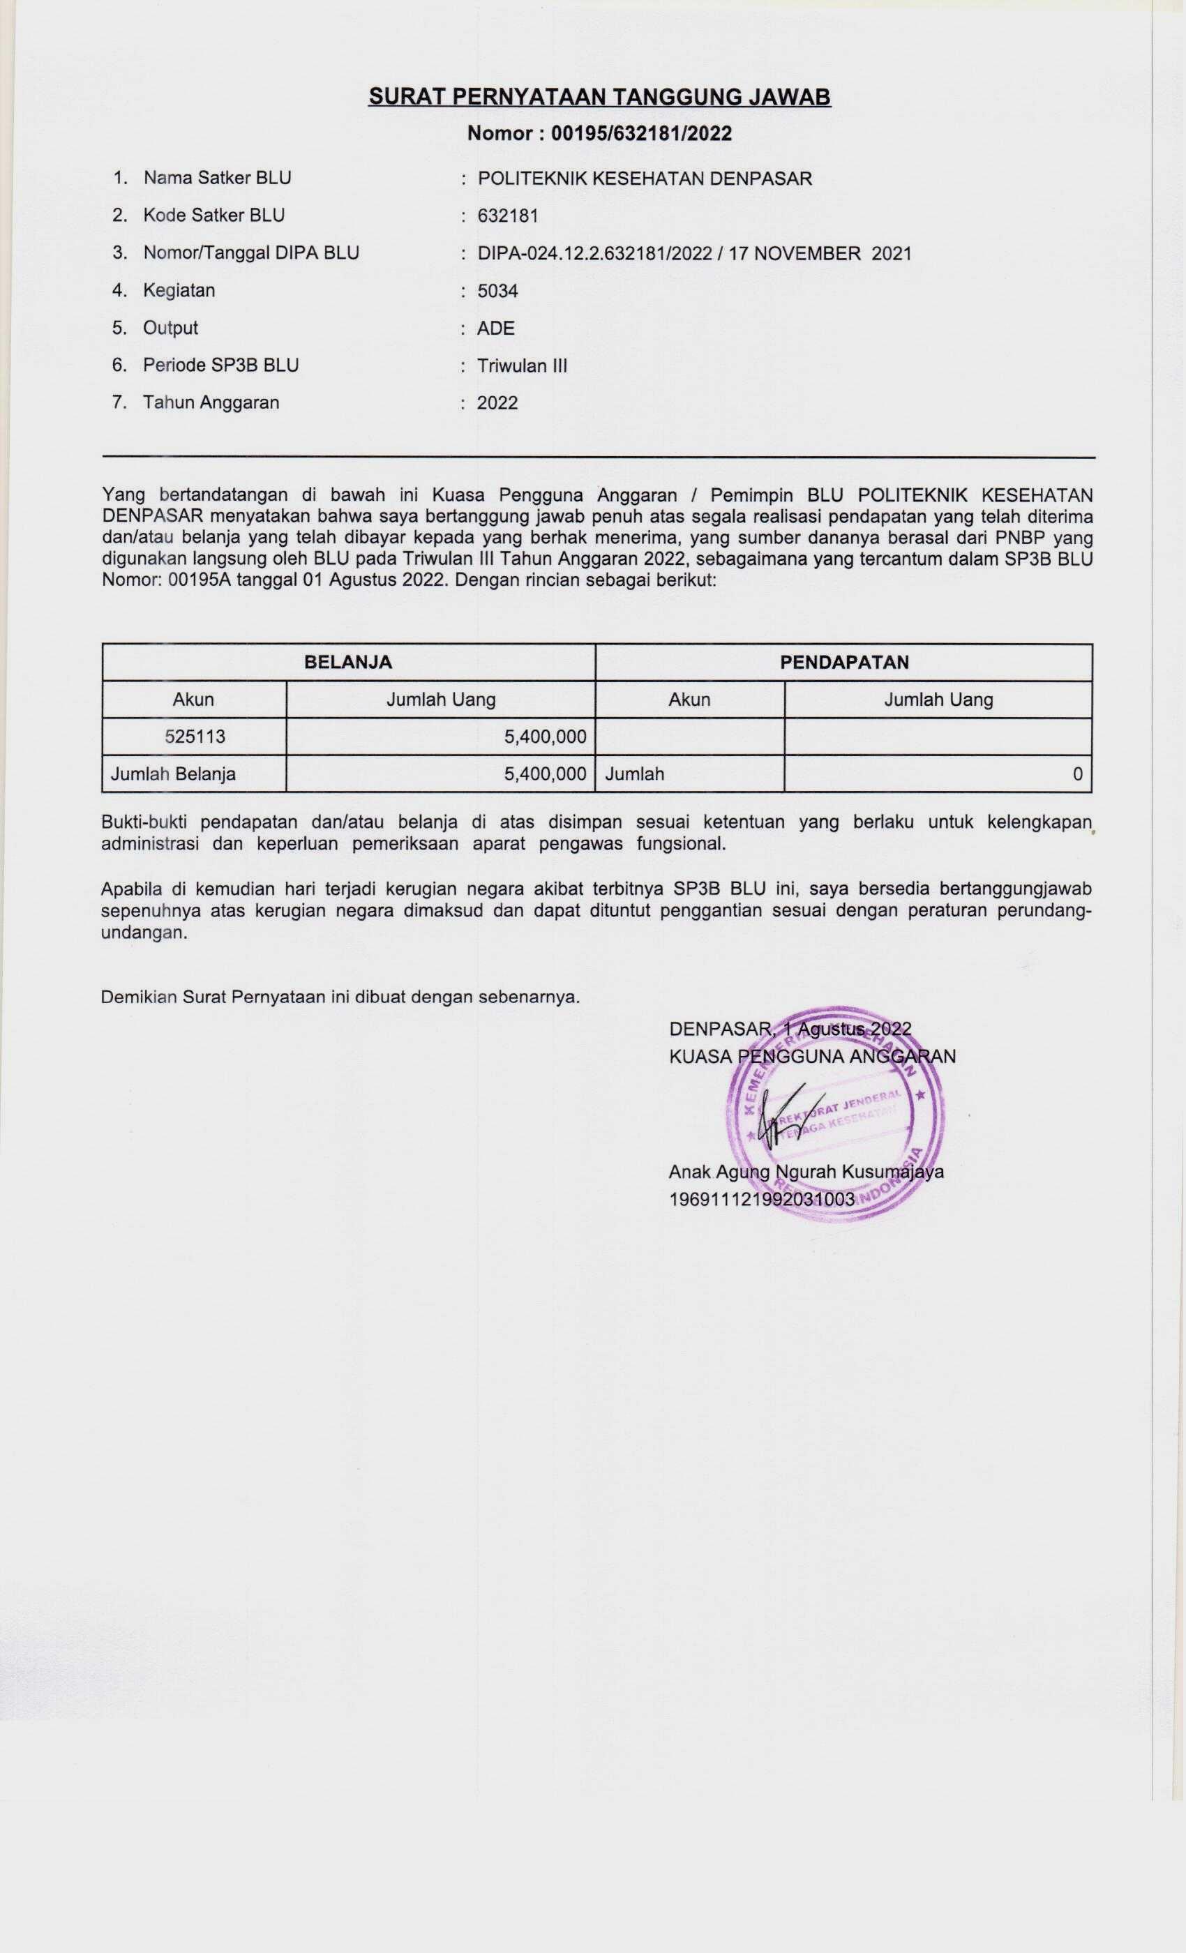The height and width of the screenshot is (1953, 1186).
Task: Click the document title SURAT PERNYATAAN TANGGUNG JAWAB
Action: coord(599,97)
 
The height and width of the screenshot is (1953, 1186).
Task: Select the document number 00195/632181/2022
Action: coord(640,133)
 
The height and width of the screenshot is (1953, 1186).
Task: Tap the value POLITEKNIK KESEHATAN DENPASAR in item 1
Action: coord(645,179)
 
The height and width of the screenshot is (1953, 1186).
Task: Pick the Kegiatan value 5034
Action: coord(497,291)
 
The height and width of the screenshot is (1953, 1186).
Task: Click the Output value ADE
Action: coord(495,328)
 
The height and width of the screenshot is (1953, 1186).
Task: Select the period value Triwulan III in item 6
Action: coord(522,366)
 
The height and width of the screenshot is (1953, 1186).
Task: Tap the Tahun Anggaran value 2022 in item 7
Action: coord(497,403)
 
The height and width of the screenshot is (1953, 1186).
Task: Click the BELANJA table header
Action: coord(348,663)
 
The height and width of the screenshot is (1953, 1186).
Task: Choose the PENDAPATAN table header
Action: coord(843,663)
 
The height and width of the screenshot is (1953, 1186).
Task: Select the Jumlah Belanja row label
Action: coord(173,774)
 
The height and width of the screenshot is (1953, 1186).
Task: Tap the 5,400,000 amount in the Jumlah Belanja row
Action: coord(545,774)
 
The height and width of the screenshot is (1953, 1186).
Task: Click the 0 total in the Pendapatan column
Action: coord(1076,774)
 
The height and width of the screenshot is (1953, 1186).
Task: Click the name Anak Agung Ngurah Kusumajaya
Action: coord(806,1172)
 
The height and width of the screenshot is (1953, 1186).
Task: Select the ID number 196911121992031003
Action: coord(762,1199)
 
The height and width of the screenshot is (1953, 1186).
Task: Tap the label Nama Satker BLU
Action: coord(217,179)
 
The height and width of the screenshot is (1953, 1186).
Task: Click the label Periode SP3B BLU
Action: coord(220,365)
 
